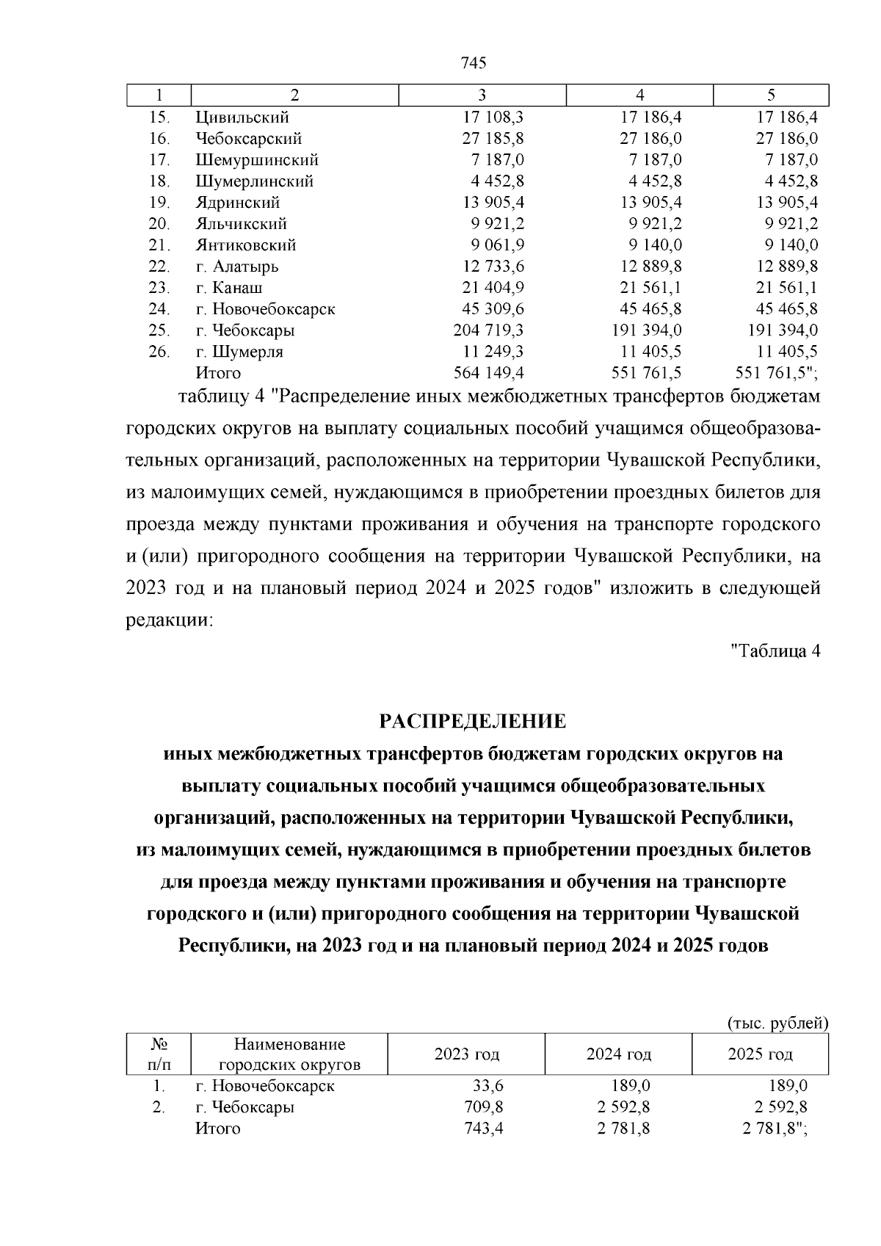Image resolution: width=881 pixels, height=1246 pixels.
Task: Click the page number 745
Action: pyautogui.click(x=474, y=63)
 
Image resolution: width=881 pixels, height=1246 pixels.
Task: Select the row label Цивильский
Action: pyautogui.click(x=242, y=117)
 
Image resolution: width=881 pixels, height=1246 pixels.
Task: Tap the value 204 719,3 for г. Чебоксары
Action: pyautogui.click(x=488, y=330)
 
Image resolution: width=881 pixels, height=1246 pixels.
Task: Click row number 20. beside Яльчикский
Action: pyautogui.click(x=159, y=224)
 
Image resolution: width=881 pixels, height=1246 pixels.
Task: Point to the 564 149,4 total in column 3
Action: pyautogui.click(x=488, y=373)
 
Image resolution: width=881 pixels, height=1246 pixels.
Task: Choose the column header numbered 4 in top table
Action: pyautogui.click(x=639, y=95)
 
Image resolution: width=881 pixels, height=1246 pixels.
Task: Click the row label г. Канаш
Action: pyautogui.click(x=229, y=288)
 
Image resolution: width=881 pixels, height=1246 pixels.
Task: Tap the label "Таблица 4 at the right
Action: pyautogui.click(x=775, y=651)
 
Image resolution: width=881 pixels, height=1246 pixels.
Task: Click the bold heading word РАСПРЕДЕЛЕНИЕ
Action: pyautogui.click(x=473, y=722)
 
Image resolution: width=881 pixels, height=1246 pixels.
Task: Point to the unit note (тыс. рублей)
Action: pyautogui.click(x=777, y=1024)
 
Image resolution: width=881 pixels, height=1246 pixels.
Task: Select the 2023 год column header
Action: pyautogui.click(x=467, y=1054)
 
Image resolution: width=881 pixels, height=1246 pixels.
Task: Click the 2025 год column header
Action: pyautogui.click(x=760, y=1054)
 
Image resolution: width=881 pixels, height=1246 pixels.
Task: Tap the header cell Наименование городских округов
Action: pyautogui.click(x=289, y=1054)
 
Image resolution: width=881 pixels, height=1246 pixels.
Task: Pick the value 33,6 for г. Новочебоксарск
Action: pyautogui.click(x=488, y=1086)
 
